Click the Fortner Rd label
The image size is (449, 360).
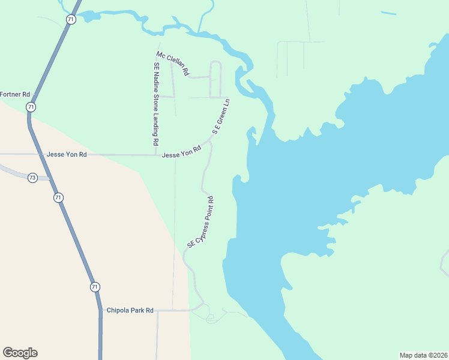click(x=15, y=94)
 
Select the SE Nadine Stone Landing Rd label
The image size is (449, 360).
click(x=156, y=104)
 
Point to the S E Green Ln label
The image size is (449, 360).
click(x=221, y=116)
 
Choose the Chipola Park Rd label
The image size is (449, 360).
click(x=130, y=310)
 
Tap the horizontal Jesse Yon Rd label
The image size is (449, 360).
click(x=67, y=154)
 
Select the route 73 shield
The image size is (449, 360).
click(x=32, y=178)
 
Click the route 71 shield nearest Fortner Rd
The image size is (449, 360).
click(x=31, y=107)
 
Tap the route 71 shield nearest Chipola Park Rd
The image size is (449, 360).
click(x=95, y=287)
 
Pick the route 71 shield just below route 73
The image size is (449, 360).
click(x=58, y=197)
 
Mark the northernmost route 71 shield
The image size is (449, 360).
click(x=71, y=20)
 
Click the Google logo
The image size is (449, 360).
click(x=20, y=353)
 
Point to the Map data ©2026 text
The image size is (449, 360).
click(x=424, y=355)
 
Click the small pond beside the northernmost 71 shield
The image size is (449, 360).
click(x=90, y=16)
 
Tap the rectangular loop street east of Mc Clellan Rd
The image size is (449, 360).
click(x=215, y=79)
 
